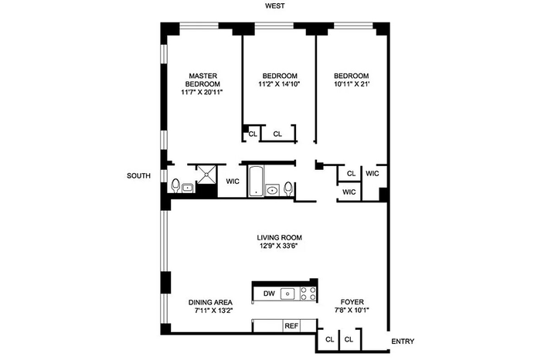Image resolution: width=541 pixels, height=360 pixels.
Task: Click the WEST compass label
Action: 275,6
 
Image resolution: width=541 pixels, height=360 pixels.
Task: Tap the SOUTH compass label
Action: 138,176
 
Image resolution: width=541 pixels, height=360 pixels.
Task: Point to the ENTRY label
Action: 403,341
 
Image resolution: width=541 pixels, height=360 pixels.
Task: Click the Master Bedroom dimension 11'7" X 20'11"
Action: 202,92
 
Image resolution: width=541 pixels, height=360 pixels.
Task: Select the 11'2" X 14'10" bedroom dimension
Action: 280,83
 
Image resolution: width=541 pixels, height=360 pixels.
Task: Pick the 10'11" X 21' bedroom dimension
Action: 351,83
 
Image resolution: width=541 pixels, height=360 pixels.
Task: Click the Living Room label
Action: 280,238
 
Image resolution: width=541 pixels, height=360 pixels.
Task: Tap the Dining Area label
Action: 210,302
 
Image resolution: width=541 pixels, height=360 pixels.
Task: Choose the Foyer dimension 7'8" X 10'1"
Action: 352,310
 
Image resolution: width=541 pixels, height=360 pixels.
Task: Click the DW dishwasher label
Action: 269,294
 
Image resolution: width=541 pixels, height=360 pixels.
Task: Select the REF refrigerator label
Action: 291,325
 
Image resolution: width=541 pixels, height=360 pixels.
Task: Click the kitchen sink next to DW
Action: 288,294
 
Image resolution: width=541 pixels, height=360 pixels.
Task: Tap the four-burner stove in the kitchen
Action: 308,294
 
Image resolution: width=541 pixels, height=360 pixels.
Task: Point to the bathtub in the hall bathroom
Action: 256,182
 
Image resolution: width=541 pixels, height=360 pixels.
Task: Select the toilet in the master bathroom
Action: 175,185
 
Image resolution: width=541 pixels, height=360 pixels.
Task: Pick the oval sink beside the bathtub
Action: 273,189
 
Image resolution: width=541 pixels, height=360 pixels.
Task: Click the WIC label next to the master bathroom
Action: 233,182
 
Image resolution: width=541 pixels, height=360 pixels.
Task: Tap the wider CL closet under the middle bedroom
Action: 277,134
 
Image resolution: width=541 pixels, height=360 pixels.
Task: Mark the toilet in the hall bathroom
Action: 288,188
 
